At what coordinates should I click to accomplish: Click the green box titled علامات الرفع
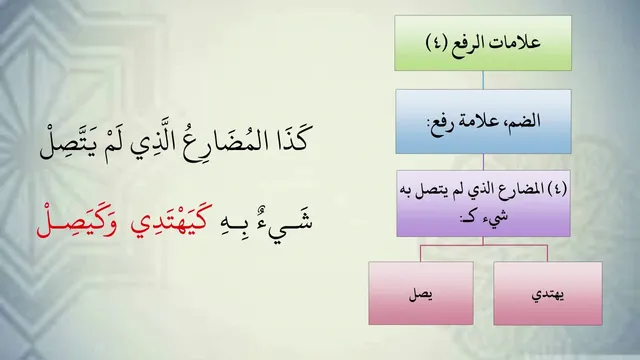pyautogui.click(x=483, y=43)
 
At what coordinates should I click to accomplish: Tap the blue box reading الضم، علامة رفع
pyautogui.click(x=483, y=122)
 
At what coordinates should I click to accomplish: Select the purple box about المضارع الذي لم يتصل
pyautogui.click(x=483, y=203)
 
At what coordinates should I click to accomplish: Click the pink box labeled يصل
pyautogui.click(x=421, y=293)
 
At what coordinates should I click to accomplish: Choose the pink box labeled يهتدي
pyautogui.click(x=548, y=293)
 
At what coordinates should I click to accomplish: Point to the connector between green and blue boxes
pyautogui.click(x=483, y=80)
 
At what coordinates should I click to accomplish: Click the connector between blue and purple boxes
pyautogui.click(x=483, y=162)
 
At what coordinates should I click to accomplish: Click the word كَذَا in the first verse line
pyautogui.click(x=290, y=139)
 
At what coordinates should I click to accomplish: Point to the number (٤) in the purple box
pyautogui.click(x=556, y=189)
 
